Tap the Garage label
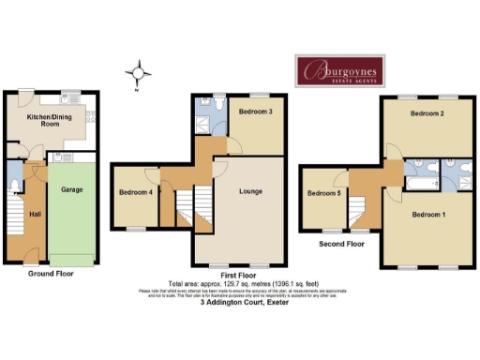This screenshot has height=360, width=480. click(x=68, y=188)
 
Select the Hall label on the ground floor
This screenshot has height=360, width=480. click(x=35, y=215)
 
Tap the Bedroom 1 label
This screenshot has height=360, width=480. click(x=428, y=215)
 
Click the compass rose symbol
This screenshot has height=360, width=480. click(x=139, y=72)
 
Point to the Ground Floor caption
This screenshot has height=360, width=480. click(x=51, y=274)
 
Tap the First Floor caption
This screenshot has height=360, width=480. click(x=239, y=276)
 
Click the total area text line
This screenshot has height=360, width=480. click(x=239, y=283)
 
